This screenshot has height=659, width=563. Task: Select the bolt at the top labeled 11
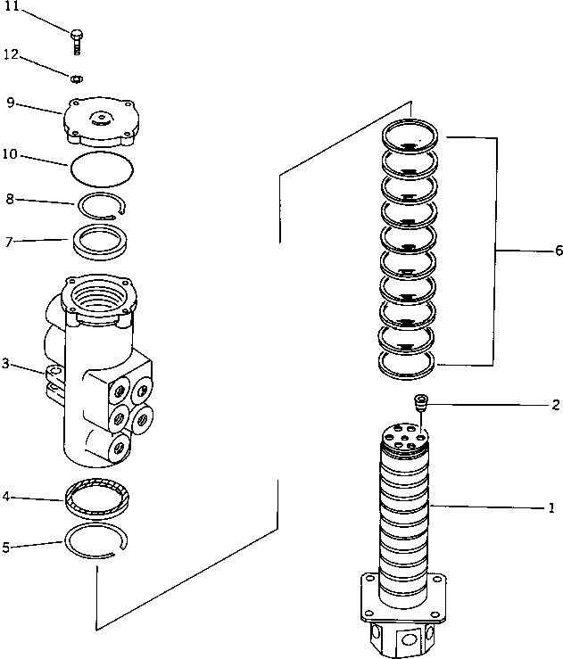tap(76, 39)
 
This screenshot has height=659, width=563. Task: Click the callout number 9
tap(10, 102)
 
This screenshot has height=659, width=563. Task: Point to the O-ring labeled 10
tap(102, 166)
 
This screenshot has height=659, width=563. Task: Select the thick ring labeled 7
tap(103, 243)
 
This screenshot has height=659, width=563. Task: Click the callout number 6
tap(558, 251)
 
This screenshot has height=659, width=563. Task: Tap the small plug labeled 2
tap(422, 406)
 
